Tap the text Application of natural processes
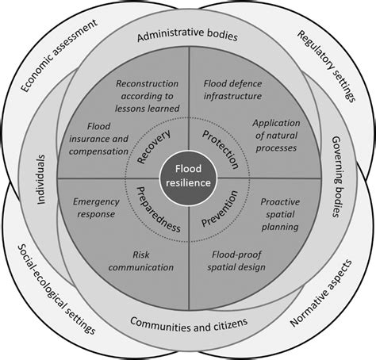[x=274, y=136]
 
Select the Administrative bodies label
[x=187, y=37]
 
